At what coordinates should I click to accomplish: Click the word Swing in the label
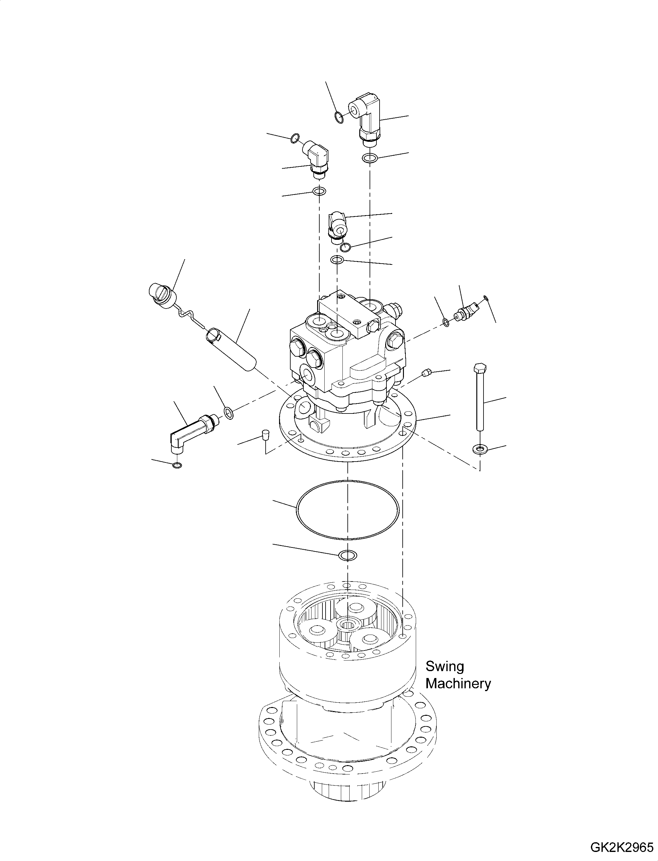tap(444, 666)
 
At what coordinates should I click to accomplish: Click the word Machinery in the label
tap(458, 684)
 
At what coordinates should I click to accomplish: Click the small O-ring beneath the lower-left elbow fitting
tap(177, 465)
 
